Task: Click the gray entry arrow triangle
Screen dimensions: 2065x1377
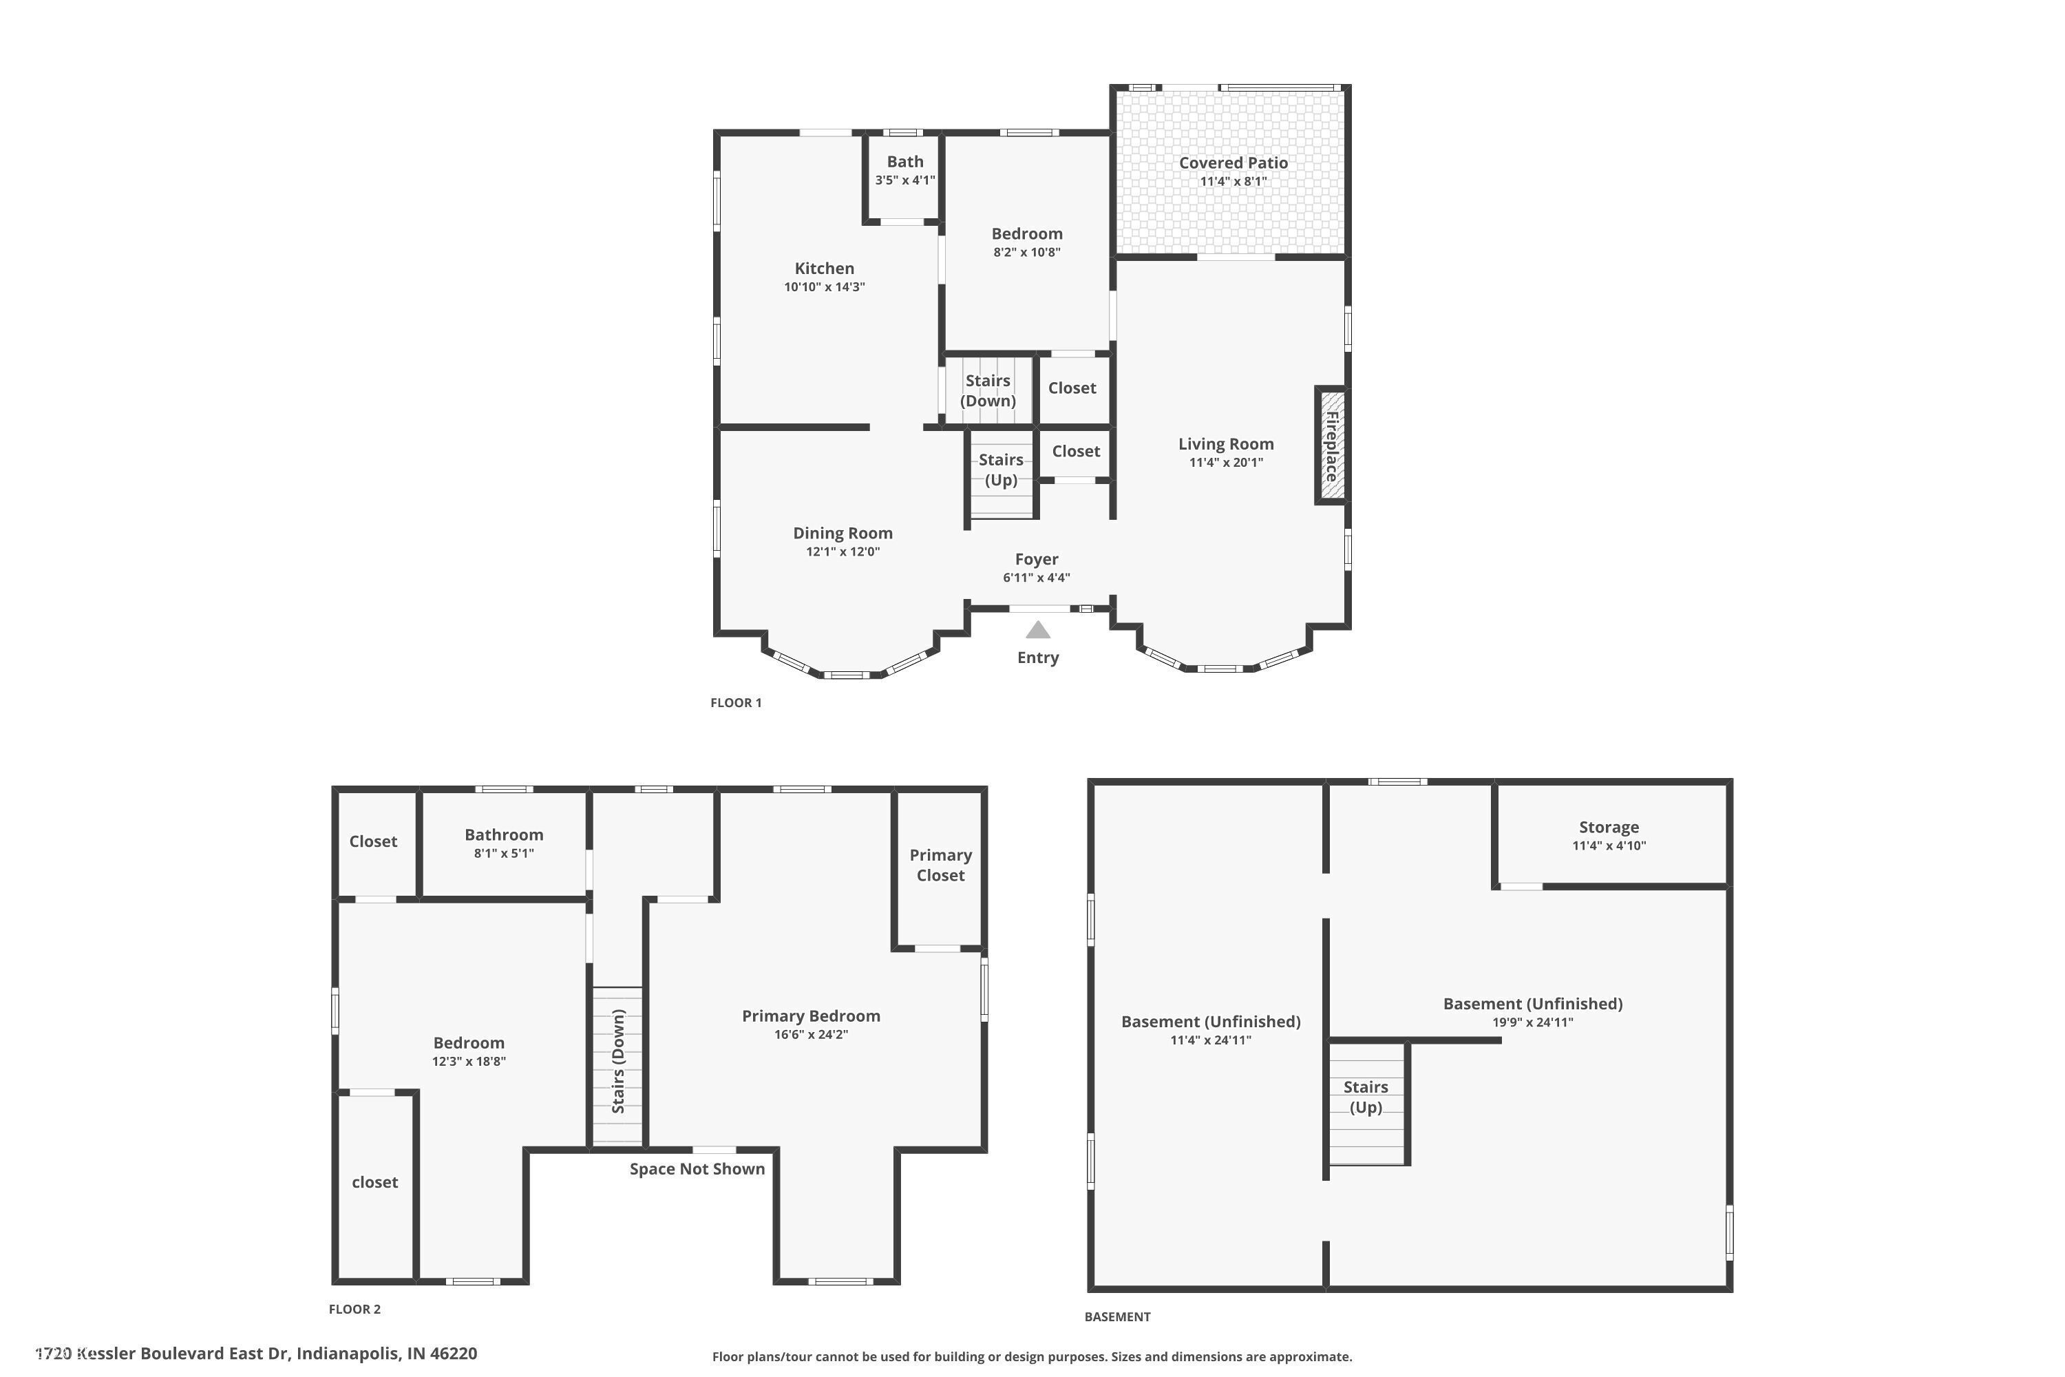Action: tap(1038, 631)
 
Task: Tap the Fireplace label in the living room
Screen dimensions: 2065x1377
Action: tap(1332, 445)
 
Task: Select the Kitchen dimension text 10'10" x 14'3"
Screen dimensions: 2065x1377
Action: tap(825, 287)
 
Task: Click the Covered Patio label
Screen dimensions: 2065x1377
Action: tap(1233, 162)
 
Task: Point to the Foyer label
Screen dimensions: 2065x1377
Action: tap(1037, 559)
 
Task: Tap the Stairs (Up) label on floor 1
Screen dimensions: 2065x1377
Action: tap(1001, 470)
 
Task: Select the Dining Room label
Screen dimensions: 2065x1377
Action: tap(843, 533)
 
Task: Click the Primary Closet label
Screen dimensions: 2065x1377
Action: tap(940, 865)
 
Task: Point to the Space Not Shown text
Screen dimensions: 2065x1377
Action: tap(697, 1169)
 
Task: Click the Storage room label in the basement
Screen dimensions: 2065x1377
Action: tap(1609, 828)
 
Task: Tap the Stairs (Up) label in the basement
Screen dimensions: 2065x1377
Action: tap(1366, 1097)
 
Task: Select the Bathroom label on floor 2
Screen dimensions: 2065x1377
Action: tap(504, 835)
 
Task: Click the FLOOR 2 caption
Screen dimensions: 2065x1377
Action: tap(354, 1310)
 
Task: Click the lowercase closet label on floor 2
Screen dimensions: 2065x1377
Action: tap(375, 1182)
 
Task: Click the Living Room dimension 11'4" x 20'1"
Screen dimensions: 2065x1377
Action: tap(1227, 463)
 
